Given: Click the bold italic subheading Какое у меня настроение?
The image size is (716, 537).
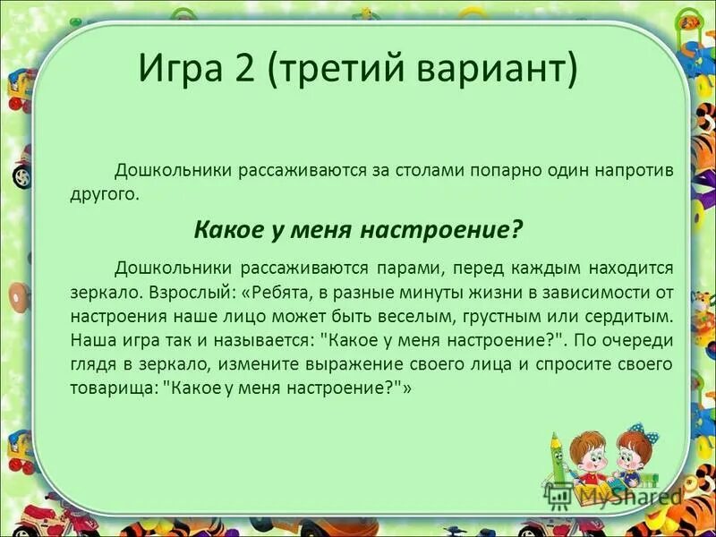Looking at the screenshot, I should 358,229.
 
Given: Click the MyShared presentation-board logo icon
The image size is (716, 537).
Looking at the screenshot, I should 558,495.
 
